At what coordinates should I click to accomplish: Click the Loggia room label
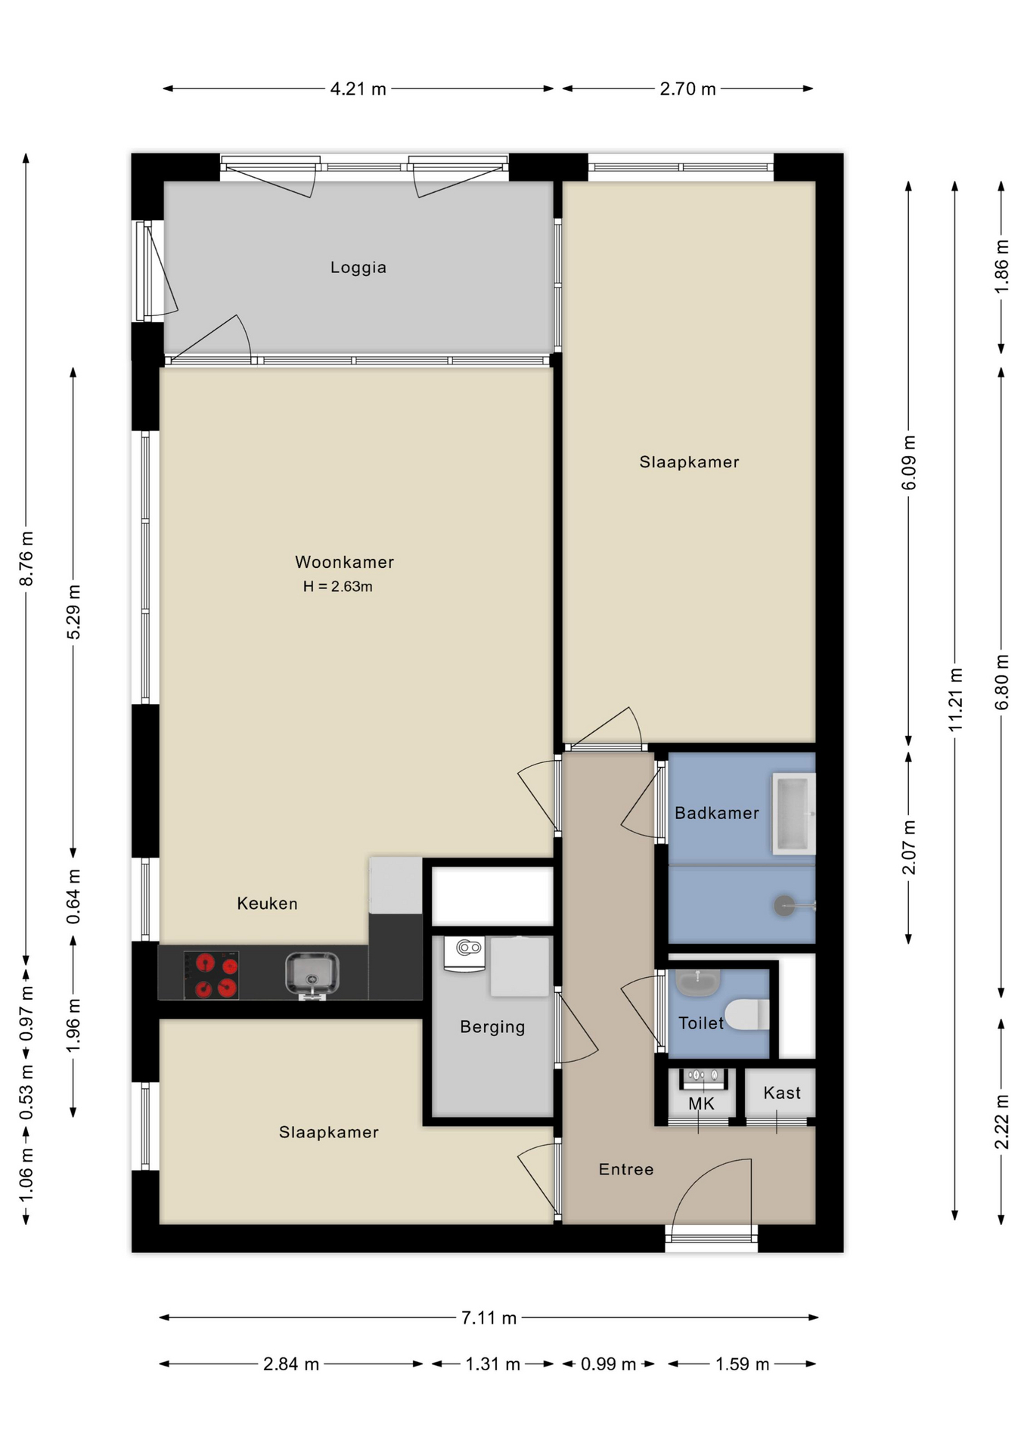[x=358, y=267]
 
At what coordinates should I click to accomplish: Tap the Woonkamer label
[x=344, y=562]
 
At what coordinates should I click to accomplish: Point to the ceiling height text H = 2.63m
[x=337, y=586]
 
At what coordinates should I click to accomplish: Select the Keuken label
[x=267, y=903]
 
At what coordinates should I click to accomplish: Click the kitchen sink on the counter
[x=312, y=974]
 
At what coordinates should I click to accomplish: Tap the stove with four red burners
[x=211, y=976]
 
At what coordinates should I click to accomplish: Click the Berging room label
[x=492, y=1026]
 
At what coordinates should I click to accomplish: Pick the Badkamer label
[x=716, y=813]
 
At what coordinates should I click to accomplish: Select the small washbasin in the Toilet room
[x=697, y=982]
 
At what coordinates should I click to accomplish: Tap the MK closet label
[x=701, y=1103]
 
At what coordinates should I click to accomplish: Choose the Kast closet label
[x=781, y=1093]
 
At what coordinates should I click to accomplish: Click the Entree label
[x=625, y=1169]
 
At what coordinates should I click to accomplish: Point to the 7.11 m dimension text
[x=489, y=1318]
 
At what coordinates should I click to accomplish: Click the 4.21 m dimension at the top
[x=358, y=89]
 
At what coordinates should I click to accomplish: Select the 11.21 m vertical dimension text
[x=955, y=700]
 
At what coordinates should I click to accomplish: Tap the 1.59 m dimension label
[x=742, y=1364]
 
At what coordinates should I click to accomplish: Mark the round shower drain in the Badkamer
[x=784, y=905]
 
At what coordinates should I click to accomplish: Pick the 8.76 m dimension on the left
[x=26, y=558]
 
